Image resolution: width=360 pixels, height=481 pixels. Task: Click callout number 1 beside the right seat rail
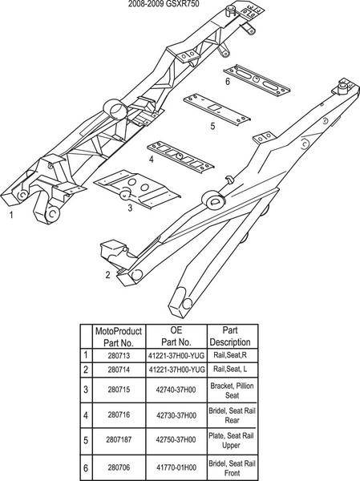click(x=11, y=215)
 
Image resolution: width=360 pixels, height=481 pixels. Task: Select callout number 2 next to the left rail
click(x=107, y=274)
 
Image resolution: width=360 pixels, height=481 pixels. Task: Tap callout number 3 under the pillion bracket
click(x=130, y=208)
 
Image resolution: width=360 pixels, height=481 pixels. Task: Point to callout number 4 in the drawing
click(x=151, y=160)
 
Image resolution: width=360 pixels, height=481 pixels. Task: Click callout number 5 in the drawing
click(x=212, y=126)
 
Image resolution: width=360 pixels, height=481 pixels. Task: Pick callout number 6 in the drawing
click(x=228, y=82)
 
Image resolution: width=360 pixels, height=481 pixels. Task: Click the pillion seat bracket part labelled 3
click(x=137, y=189)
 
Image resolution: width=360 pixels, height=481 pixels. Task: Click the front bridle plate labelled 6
click(x=257, y=80)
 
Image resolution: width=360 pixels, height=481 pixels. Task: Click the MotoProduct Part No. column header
click(x=119, y=337)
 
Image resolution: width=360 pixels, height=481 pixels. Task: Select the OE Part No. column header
click(x=176, y=336)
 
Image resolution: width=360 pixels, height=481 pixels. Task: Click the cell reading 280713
click(x=119, y=355)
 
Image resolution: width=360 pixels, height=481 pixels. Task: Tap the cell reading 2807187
click(x=119, y=439)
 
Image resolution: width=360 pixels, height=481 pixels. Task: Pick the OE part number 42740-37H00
click(x=176, y=390)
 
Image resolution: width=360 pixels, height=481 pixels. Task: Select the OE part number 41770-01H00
click(x=176, y=468)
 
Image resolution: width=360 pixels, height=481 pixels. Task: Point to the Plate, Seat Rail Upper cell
click(x=232, y=440)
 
